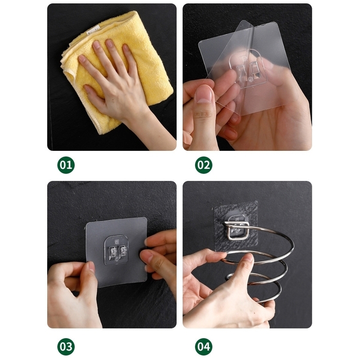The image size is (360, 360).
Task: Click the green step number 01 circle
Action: (x=66, y=165)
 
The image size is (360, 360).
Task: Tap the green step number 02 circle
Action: (x=203, y=165)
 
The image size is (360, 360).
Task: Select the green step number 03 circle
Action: (x=66, y=346)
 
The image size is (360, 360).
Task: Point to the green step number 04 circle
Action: (x=203, y=346)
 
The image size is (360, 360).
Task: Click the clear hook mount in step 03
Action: (x=116, y=250)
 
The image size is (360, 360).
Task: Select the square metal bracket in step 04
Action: (x=237, y=230)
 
